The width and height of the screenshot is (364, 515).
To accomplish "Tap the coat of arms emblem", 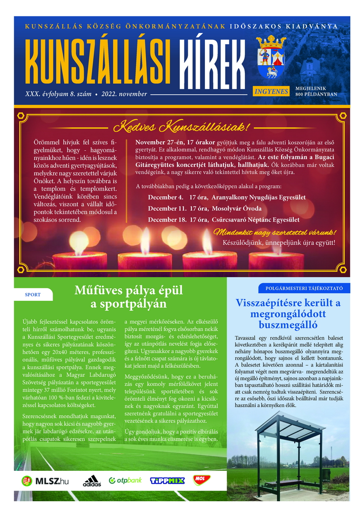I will point(271,58).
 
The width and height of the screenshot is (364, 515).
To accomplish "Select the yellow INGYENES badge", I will point(271,91).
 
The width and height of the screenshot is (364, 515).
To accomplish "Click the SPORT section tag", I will point(33,295).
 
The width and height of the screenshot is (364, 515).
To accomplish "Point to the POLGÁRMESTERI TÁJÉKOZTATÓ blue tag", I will point(304,288).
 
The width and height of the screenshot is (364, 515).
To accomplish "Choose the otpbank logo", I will point(125,480).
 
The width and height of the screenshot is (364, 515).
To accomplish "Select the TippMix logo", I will point(167,481).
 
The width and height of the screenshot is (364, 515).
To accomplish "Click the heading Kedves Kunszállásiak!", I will point(182,127).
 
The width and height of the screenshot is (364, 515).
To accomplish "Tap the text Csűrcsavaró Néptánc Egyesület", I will point(256,220).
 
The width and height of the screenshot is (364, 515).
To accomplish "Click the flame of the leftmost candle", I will point(79,242).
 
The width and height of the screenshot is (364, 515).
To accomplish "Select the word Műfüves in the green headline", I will point(99,291).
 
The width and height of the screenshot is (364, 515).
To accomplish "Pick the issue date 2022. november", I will point(124,94).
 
